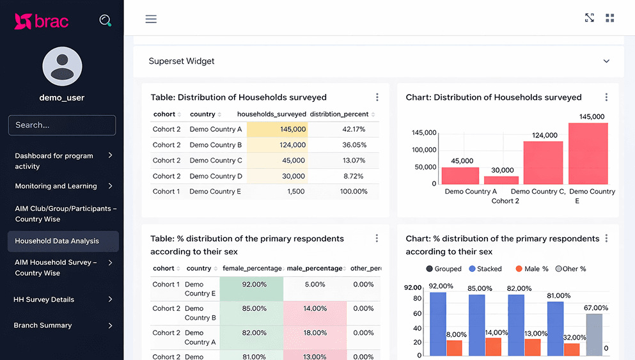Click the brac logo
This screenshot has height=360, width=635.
pos(42,21)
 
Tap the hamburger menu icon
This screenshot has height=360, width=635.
pos(151,19)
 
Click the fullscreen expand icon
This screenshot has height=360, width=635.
pos(590,18)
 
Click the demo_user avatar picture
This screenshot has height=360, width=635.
pos(62,67)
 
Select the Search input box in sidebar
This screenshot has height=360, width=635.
pos(62,125)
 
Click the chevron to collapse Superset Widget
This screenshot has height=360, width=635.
pos(606,61)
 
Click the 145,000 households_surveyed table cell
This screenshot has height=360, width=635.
pos(278,129)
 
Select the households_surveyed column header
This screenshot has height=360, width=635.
pos(271,114)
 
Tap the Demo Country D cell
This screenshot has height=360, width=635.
pos(216,176)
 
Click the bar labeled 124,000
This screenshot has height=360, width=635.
pos(543,163)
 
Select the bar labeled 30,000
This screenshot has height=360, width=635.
pos(502,180)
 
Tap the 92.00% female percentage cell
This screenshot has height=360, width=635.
pos(254,285)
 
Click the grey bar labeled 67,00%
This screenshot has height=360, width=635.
pos(594,334)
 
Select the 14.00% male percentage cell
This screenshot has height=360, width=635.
pos(315,308)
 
